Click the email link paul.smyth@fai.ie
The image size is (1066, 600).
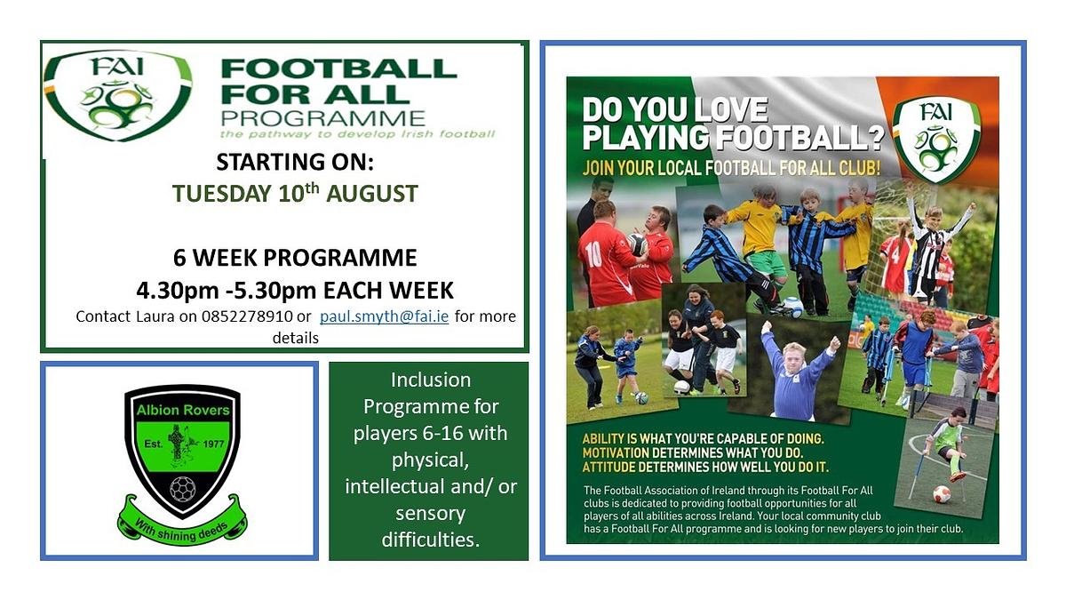pos(384,316)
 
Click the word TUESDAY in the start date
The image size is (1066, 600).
pos(222,194)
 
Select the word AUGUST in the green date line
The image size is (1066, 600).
pos(372,194)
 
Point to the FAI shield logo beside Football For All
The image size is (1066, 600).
pos(117,96)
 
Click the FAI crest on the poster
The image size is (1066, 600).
pos(936,140)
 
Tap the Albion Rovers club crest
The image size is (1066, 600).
pos(182,464)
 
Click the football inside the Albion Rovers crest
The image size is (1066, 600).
pos(183,489)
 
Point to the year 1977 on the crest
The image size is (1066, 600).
pos(213,444)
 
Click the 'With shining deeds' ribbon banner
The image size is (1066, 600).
pos(182,523)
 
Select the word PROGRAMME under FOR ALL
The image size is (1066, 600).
pos(323,119)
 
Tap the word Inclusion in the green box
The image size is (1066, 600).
pos(431,380)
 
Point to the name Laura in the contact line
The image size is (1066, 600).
pos(155,316)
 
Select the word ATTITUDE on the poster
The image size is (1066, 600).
pos(609,468)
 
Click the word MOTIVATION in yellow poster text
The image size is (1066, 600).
pos(616,452)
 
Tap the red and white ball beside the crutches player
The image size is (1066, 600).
pos(942,494)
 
